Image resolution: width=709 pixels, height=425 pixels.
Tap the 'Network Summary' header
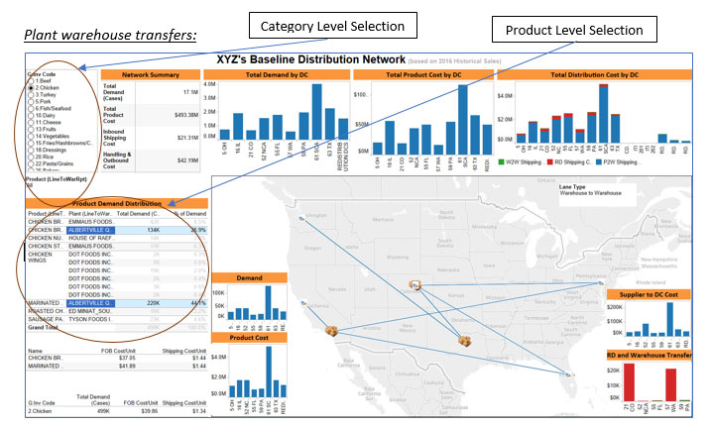(152, 75)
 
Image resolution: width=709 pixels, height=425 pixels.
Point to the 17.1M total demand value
(189, 91)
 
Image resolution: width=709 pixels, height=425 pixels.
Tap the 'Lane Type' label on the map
(573, 185)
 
